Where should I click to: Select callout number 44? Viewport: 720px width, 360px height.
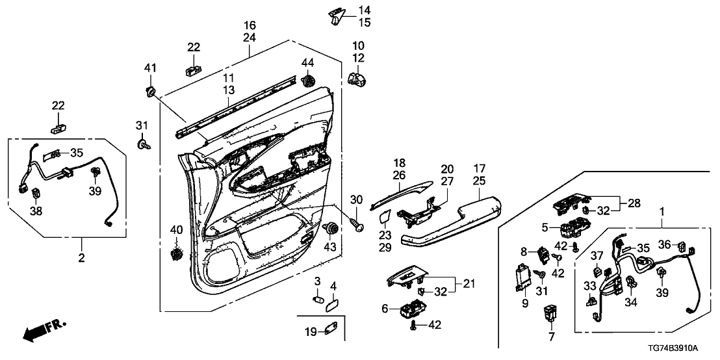click(307, 62)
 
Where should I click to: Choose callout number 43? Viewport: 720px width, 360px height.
click(330, 248)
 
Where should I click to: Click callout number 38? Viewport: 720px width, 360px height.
click(36, 211)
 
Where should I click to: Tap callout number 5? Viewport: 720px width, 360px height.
click(545, 227)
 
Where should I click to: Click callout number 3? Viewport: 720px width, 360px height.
click(317, 280)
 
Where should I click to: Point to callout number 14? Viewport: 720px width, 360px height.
click(364, 10)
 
